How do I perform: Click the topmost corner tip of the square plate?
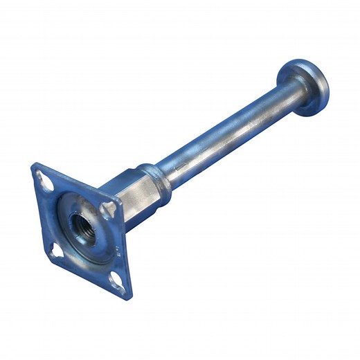[35, 165]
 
